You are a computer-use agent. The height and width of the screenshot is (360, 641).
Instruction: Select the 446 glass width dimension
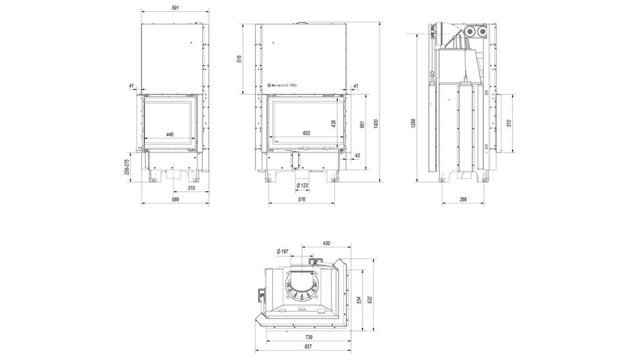(x=170, y=134)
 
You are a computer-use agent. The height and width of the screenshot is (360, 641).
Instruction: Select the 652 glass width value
(x=306, y=133)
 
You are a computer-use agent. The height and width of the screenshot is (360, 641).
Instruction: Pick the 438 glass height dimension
(x=334, y=123)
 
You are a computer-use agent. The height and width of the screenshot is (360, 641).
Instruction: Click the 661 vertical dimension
(x=362, y=123)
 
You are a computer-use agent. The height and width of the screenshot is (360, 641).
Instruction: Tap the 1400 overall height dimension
(x=376, y=123)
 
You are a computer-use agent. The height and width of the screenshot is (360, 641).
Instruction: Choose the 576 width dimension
(x=302, y=200)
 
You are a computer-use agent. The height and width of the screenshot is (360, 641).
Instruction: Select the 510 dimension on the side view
(x=509, y=123)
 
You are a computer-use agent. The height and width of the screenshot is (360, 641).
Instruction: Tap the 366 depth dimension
(x=463, y=200)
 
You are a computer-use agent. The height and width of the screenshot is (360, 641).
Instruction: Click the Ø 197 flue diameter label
(x=282, y=251)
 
